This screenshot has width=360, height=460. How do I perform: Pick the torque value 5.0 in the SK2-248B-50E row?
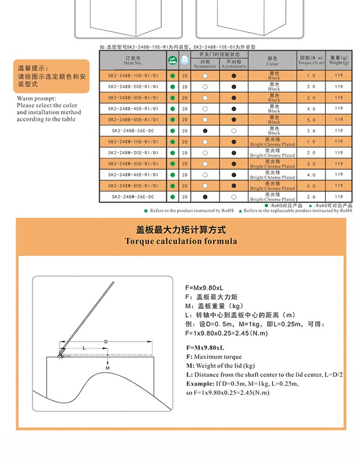click(311, 120)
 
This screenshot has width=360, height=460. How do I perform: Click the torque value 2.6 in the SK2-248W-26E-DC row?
click(311, 197)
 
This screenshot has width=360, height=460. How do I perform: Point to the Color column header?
click(272, 61)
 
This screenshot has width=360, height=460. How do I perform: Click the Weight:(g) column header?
click(339, 60)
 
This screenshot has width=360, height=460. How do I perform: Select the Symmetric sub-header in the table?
click(205, 64)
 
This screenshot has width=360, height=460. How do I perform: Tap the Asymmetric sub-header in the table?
click(234, 64)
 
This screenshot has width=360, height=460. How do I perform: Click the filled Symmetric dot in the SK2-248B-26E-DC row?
click(205, 131)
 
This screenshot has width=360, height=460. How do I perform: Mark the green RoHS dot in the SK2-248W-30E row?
click(172, 164)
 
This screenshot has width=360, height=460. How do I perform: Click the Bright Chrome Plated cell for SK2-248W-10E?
click(272, 142)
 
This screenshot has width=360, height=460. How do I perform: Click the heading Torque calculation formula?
click(181, 241)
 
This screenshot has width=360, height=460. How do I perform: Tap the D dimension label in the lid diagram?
click(106, 341)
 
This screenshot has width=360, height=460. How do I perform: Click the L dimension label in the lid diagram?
click(84, 347)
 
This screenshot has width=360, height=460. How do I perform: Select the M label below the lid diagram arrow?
click(108, 368)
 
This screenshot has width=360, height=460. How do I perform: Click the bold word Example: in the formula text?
click(200, 384)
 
